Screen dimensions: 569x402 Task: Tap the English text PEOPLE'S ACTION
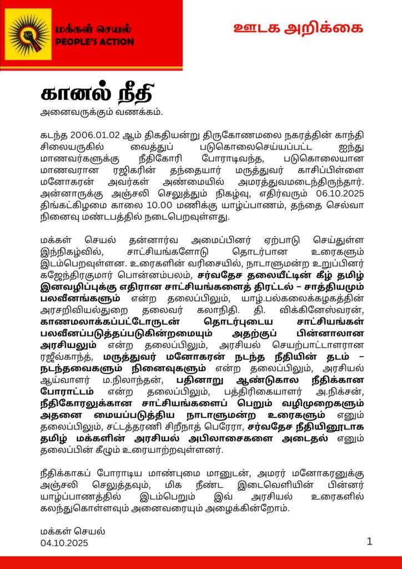pos(94,42)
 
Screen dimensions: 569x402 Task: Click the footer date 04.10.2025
pos(64,542)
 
